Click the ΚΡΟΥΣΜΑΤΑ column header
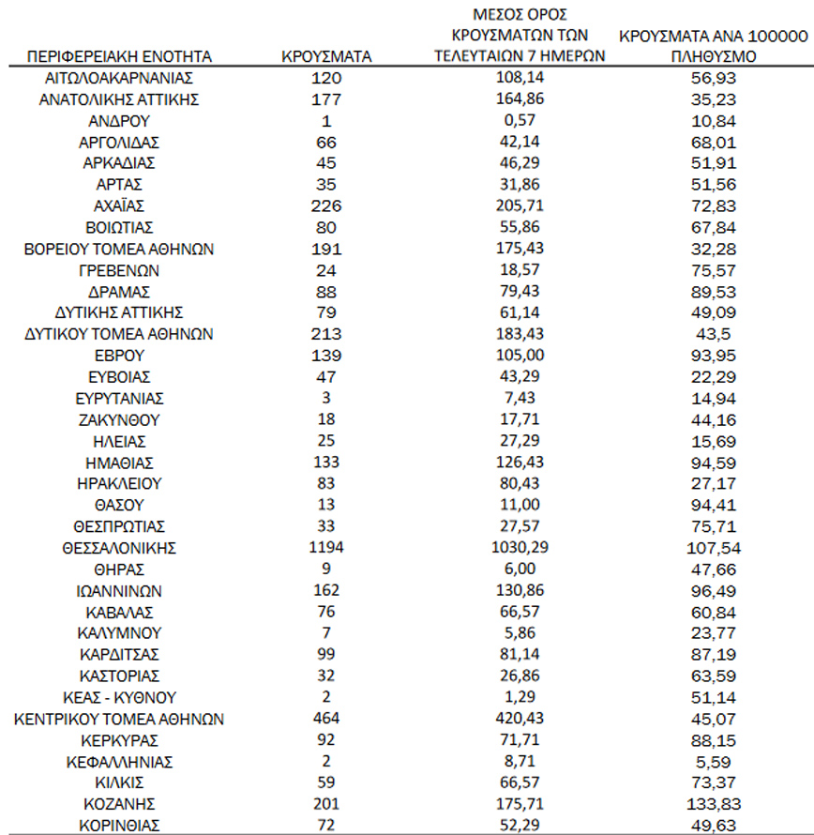tap(326, 56)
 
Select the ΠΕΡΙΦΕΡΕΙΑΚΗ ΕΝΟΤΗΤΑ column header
tap(120, 56)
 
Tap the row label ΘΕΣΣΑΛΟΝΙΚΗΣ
tap(120, 548)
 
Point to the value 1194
tap(326, 548)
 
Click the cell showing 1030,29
tap(520, 548)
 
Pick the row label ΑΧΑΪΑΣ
tap(120, 205)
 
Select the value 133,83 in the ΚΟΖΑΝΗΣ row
tap(713, 804)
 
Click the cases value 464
tap(326, 719)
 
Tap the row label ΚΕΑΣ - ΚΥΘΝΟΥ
tap(120, 697)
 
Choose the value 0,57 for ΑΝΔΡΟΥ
tap(520, 120)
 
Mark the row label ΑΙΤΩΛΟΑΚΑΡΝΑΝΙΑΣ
tap(120, 77)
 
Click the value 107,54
tap(713, 548)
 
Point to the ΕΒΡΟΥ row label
tap(120, 356)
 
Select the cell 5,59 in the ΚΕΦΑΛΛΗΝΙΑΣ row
tap(713, 762)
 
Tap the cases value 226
tap(326, 205)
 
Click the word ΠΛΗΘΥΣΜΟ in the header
tap(713, 56)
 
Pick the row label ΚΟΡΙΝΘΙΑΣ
tap(120, 826)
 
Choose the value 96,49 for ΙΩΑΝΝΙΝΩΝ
tap(713, 591)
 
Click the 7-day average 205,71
tap(520, 205)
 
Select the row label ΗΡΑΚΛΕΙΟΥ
tap(120, 484)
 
